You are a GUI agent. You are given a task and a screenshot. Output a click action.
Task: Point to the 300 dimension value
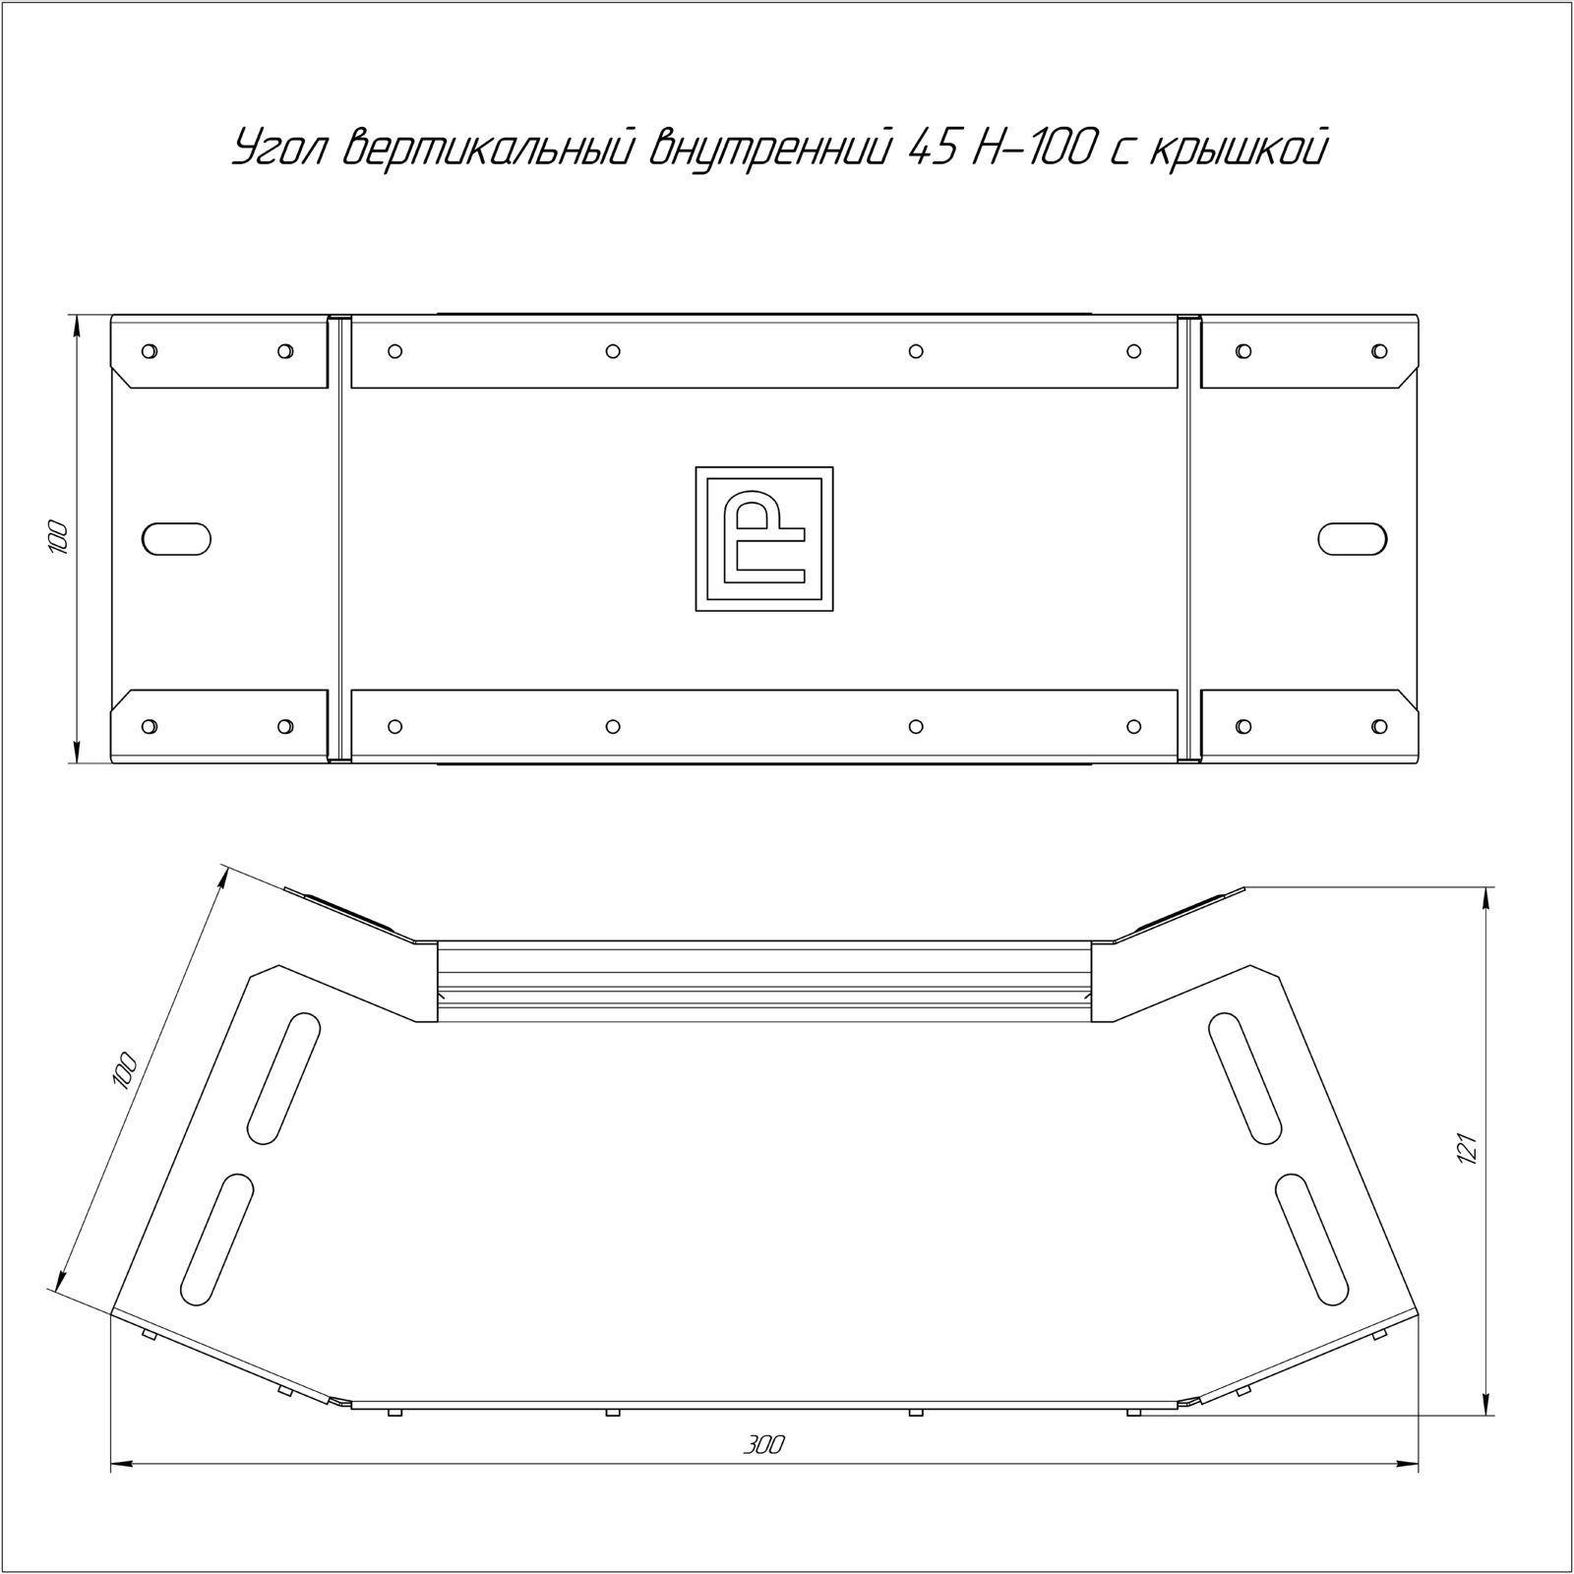coord(763,1445)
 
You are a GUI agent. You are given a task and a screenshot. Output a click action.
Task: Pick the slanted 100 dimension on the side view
coord(125,1069)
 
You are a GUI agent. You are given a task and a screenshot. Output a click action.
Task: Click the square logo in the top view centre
coord(764,539)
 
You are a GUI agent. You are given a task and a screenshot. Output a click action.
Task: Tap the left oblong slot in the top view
coord(176,539)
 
